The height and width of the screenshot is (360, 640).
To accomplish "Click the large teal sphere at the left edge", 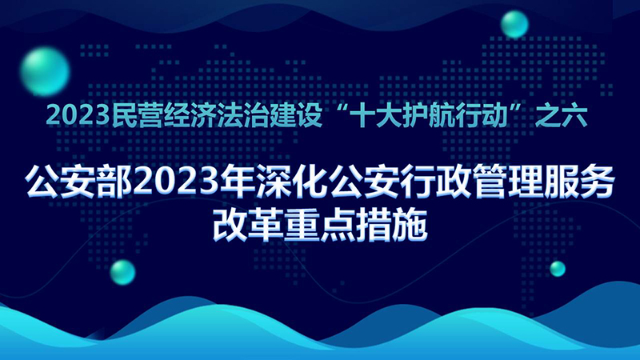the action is pyautogui.click(x=45, y=72).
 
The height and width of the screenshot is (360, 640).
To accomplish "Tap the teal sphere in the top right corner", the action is pyautogui.click(x=514, y=24).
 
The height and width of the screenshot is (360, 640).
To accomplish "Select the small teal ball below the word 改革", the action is pyautogui.click(x=122, y=272).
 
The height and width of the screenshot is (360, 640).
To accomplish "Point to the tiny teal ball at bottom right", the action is pyautogui.click(x=558, y=269).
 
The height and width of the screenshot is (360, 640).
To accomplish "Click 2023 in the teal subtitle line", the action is pyautogui.click(x=78, y=116).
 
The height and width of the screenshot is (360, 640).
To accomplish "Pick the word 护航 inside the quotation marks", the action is pyautogui.click(x=417, y=116).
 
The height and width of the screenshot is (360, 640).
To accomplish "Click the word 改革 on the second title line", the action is pyautogui.click(x=248, y=226).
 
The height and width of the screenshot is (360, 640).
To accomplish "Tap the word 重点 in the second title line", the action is pyautogui.click(x=319, y=226).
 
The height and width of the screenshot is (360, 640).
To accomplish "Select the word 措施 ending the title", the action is pyautogui.click(x=391, y=226).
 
